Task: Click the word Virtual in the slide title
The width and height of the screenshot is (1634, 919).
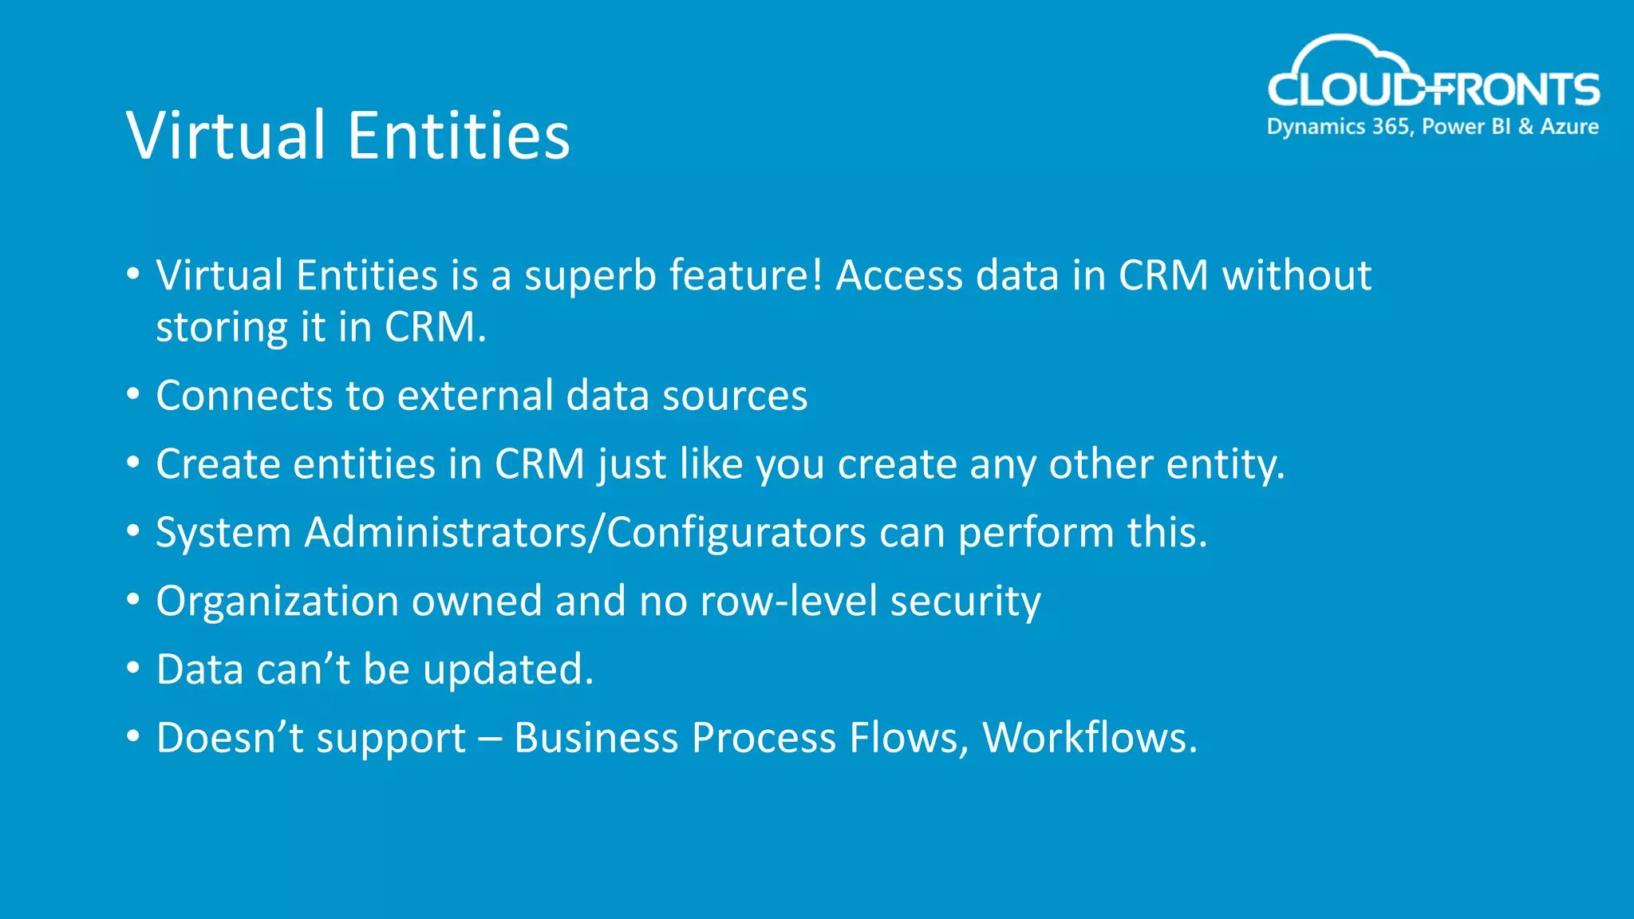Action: pos(226,135)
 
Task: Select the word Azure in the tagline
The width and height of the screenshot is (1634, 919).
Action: pos(1569,127)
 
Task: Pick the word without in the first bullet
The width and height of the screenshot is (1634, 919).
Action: pos(1297,276)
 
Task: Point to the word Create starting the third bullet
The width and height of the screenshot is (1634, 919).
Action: pos(218,464)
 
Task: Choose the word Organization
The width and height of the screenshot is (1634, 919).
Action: pos(277,601)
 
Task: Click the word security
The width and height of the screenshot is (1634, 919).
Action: pos(965,601)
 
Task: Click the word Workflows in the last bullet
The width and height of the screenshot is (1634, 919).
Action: pos(1088,738)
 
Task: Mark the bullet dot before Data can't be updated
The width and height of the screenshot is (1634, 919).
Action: pos(133,667)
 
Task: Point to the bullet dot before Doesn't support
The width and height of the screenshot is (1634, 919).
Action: pos(133,736)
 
